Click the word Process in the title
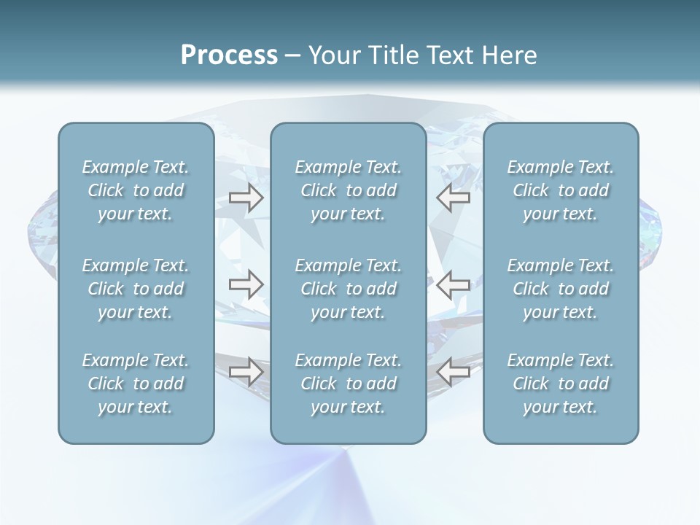[x=229, y=55]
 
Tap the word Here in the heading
[x=509, y=55]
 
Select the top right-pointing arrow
[x=246, y=198]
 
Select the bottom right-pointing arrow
[x=246, y=372]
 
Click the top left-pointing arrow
[x=454, y=198]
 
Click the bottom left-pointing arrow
[x=454, y=372]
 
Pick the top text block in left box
[x=136, y=190]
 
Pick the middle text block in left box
[x=136, y=289]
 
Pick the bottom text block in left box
[x=136, y=384]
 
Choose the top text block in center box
[x=348, y=190]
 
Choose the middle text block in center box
[x=348, y=289]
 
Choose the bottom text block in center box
[x=348, y=384]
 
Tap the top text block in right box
[x=560, y=190]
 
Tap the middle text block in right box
[x=560, y=289]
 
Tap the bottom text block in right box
[x=560, y=384]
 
